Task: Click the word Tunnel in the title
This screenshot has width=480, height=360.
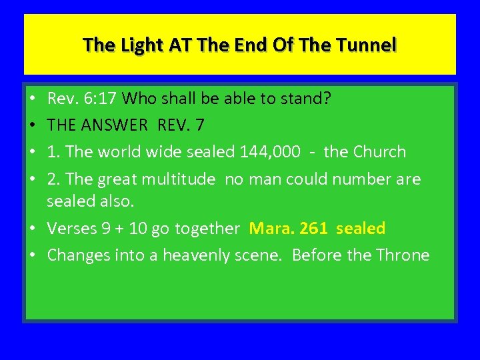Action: point(367,45)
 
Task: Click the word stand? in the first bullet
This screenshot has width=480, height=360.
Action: point(305,99)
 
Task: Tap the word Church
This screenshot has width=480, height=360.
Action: point(378,151)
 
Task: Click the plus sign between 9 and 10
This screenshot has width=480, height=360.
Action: point(121,229)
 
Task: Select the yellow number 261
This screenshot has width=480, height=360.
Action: point(313,229)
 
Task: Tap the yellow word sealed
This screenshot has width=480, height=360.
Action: point(361,229)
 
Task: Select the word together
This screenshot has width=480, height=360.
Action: point(207,229)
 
